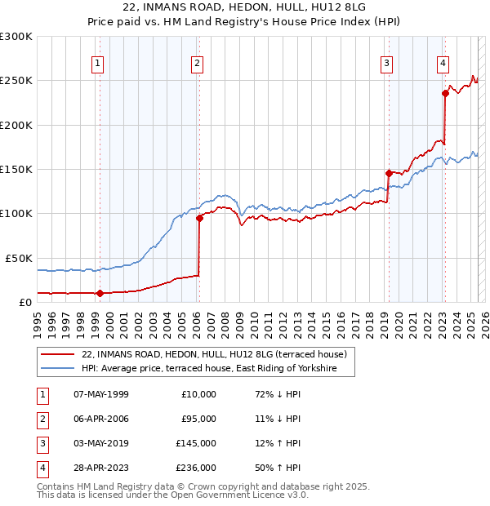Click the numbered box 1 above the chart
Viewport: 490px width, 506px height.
click(98, 63)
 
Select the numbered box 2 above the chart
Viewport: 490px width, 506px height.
click(198, 63)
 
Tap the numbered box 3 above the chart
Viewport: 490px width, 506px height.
click(386, 63)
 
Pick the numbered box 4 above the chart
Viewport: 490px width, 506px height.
click(442, 63)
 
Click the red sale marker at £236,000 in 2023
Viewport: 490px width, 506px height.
click(446, 93)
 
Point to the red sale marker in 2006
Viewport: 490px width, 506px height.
click(199, 218)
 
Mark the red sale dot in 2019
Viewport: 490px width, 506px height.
click(389, 173)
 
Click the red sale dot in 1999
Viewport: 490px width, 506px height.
click(100, 293)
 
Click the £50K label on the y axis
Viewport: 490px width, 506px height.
click(20, 258)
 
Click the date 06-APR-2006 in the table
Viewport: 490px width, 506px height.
click(101, 419)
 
